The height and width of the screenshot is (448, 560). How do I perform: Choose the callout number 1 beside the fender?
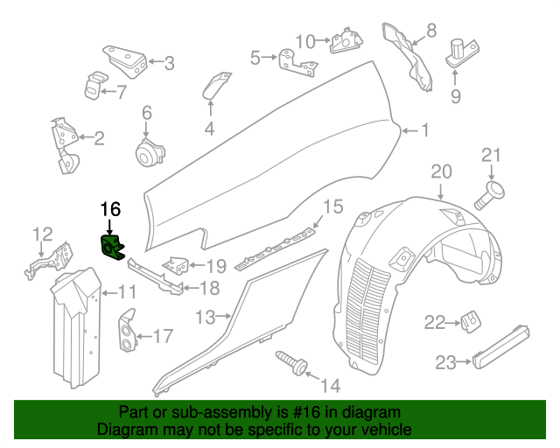425,131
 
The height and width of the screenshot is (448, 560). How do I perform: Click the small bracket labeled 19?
178,264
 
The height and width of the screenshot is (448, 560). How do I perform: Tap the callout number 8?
431,32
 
